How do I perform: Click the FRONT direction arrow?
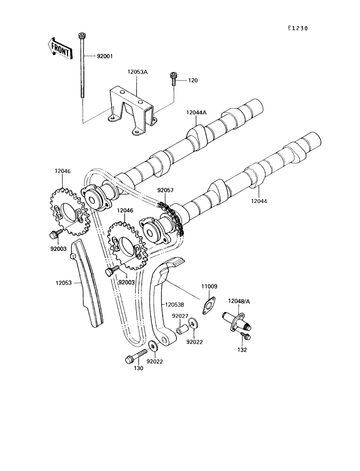click(x=60, y=49)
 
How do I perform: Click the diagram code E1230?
click(x=298, y=28)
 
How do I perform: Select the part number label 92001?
click(x=105, y=56)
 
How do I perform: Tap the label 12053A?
click(x=138, y=72)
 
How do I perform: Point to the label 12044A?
click(x=196, y=112)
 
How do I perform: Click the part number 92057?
click(x=165, y=190)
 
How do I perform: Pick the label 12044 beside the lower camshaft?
click(x=259, y=201)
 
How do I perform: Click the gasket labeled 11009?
click(x=209, y=306)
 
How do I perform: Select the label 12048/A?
click(x=239, y=301)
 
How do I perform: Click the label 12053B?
click(x=174, y=305)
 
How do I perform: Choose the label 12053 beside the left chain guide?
click(x=63, y=283)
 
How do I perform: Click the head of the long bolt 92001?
click(x=82, y=35)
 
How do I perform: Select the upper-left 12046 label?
click(x=62, y=171)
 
